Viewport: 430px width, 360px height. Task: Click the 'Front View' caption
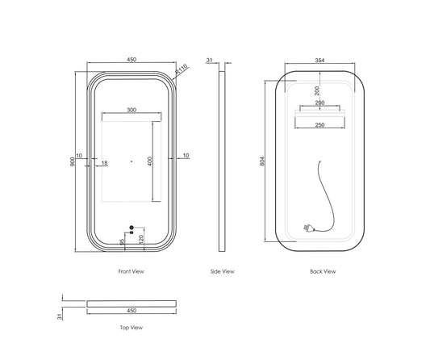(x=131, y=271)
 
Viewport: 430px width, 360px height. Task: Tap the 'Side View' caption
(x=222, y=271)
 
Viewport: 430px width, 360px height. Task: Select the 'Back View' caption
(x=323, y=271)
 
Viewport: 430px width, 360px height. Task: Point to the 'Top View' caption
(x=132, y=328)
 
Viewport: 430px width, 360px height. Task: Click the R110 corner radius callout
(x=181, y=69)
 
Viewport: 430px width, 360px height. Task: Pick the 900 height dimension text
(x=73, y=161)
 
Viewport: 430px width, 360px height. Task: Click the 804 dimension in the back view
(x=262, y=161)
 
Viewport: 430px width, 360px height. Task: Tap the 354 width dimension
(x=319, y=61)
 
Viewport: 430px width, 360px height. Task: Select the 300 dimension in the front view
(x=132, y=110)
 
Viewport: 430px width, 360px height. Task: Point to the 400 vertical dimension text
(x=150, y=161)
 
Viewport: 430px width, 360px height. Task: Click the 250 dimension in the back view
(x=319, y=125)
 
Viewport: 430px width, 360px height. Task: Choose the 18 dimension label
(x=105, y=163)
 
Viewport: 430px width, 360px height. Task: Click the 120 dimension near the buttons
(x=141, y=239)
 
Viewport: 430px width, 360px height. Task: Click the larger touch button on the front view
(x=132, y=227)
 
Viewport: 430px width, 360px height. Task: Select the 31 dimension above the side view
(x=209, y=60)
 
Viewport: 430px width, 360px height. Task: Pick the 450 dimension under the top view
(x=132, y=311)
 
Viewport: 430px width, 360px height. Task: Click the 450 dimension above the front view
(x=132, y=59)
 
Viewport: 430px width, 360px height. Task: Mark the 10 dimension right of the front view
(x=186, y=156)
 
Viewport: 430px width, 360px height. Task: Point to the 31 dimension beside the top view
(x=60, y=316)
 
